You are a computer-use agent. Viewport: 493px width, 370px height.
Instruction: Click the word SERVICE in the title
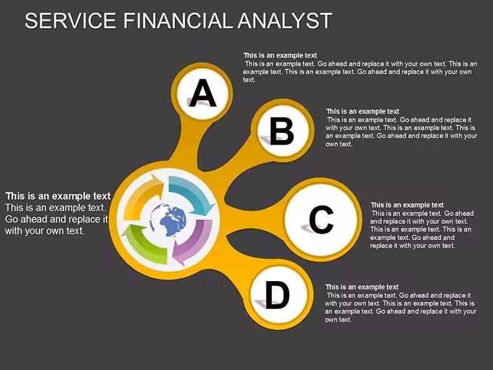coord(71,21)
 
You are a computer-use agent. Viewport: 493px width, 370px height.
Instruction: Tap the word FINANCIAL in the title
coord(179,21)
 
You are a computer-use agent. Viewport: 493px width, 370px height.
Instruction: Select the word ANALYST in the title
coord(285,21)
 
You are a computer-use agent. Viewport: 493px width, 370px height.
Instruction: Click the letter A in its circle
coord(203,93)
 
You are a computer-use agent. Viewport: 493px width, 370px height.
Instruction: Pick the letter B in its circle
coord(282,131)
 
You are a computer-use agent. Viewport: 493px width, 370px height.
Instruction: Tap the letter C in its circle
coord(321,219)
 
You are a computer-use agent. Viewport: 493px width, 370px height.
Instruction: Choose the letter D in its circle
coord(278,295)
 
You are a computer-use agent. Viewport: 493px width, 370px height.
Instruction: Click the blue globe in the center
coord(168,219)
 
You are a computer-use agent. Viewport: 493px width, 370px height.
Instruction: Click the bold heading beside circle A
coord(280,55)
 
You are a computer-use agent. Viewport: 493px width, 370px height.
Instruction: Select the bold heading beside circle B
coord(363,112)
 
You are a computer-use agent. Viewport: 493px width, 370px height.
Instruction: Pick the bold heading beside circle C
coord(407,205)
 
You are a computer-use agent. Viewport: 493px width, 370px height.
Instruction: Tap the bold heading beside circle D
coord(362,287)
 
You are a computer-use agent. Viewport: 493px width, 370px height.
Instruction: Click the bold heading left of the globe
coord(58,196)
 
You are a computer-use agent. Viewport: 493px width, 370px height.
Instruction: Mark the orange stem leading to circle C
coord(255,217)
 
